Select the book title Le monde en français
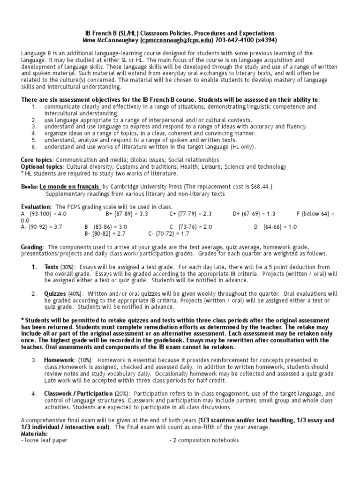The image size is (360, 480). click(69, 187)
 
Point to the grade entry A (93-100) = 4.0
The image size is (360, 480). click(44, 213)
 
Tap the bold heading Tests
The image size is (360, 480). click(52, 267)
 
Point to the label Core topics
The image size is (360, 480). click(37, 160)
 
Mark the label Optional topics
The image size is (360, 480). click(41, 166)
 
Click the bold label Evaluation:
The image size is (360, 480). click(37, 207)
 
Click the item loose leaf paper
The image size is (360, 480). click(46, 440)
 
